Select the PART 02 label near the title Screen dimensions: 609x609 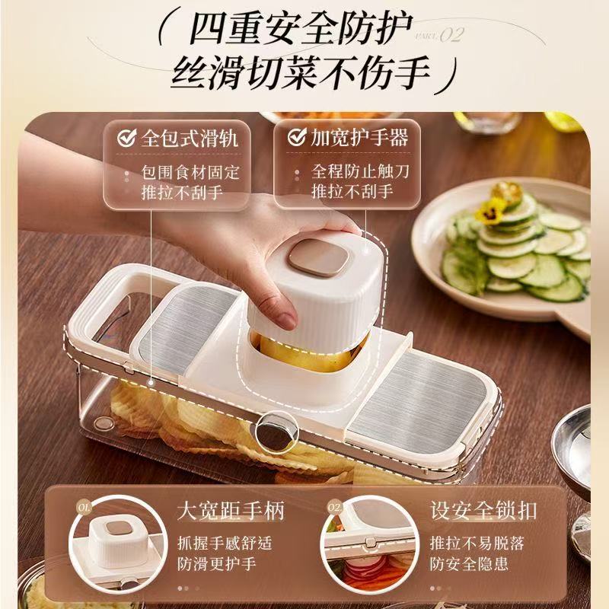(439, 36)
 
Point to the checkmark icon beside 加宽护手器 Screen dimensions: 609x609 (296, 137)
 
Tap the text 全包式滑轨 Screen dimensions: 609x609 (190, 138)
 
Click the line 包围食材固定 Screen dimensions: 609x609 (190, 172)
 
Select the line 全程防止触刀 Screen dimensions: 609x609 (360, 171)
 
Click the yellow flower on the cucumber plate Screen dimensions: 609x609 (489, 207)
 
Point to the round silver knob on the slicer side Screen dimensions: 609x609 (273, 432)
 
